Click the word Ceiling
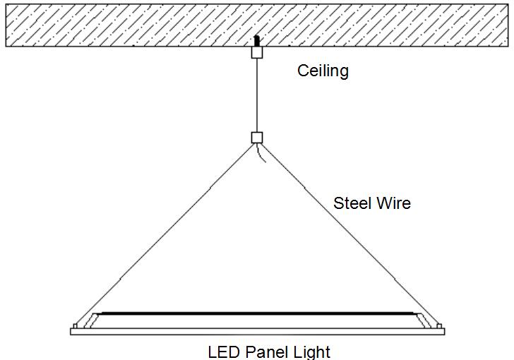[323, 71]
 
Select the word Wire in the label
[393, 203]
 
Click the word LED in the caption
[224, 351]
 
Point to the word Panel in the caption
[267, 351]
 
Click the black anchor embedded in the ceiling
[257, 41]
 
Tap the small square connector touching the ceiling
[257, 52]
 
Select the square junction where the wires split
[257, 138]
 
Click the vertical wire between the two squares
[257, 95]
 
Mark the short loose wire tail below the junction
[263, 154]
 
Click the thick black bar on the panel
[257, 313]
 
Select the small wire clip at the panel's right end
[439, 325]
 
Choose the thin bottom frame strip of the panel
[257, 331]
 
